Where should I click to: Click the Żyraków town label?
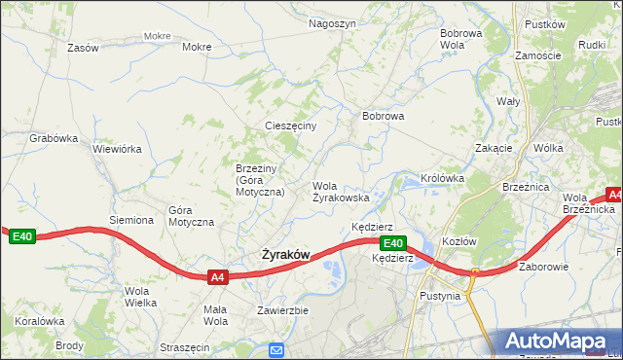pos(285,255)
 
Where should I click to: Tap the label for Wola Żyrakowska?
pos(340,192)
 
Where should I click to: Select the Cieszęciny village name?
pos(291,126)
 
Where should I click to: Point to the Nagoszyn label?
pos(332,22)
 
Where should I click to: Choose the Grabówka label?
pos(54,138)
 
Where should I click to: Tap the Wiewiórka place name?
pos(118,150)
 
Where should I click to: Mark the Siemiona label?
pos(131,220)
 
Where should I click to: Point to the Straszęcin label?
pos(185,347)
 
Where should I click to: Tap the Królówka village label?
pos(442,179)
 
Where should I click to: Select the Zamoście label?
pos(538,55)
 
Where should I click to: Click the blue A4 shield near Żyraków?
pos(218,277)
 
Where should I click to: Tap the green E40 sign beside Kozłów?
pos(392,243)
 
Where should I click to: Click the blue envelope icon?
pos(276,350)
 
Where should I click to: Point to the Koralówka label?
pos(39,320)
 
